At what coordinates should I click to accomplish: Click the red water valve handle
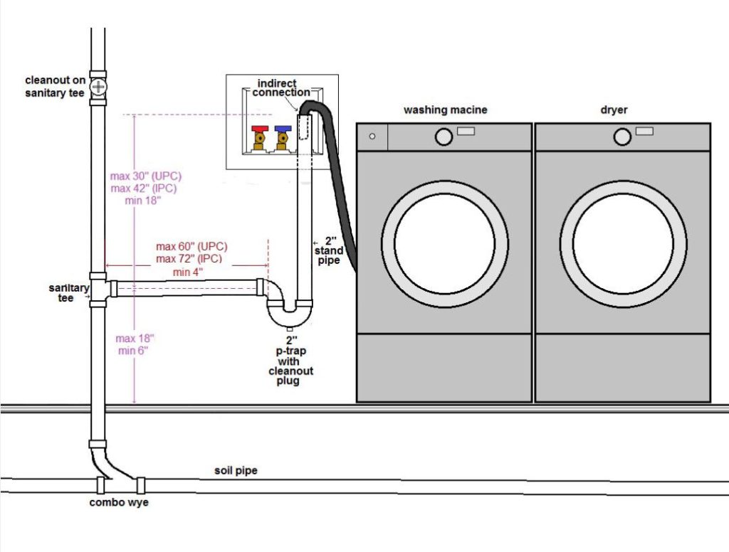coord(260,130)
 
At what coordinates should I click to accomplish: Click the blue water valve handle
coord(283,130)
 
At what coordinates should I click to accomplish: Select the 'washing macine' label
coord(445,110)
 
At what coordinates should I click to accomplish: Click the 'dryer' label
coord(613,110)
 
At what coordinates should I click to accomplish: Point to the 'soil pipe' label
coord(236,471)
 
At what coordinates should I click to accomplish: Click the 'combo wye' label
coord(117,502)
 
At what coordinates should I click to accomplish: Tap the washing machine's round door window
coord(444,243)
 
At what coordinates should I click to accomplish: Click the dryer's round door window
coord(623,243)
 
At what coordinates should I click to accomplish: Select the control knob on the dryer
coord(622,137)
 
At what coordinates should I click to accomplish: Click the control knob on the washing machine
coord(444,137)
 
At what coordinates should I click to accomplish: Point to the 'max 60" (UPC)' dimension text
coord(192,247)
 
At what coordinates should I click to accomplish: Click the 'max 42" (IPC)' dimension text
coord(143,188)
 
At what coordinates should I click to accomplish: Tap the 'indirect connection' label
coord(283,87)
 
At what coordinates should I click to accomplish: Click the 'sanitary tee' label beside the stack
coord(68,292)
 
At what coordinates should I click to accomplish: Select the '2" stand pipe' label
coord(329,251)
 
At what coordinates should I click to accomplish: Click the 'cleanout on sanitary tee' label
coord(55,86)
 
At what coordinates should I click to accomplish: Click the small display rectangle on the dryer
coord(644,131)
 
